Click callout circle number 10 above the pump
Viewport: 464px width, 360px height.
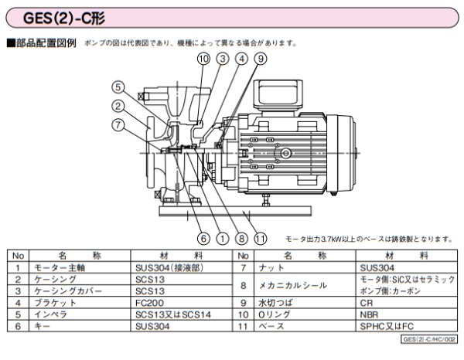(x=203, y=59)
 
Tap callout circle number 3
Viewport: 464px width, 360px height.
(x=223, y=59)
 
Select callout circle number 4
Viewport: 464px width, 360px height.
(x=242, y=59)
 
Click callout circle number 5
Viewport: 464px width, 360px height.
(x=118, y=87)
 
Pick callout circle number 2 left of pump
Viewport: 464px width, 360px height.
(x=118, y=106)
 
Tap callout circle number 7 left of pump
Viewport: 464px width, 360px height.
(x=118, y=125)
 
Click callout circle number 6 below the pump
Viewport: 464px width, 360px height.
(x=203, y=238)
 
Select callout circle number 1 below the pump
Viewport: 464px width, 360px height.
(x=223, y=238)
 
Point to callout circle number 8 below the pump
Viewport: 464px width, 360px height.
(x=242, y=238)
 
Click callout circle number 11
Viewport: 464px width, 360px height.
(x=261, y=238)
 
